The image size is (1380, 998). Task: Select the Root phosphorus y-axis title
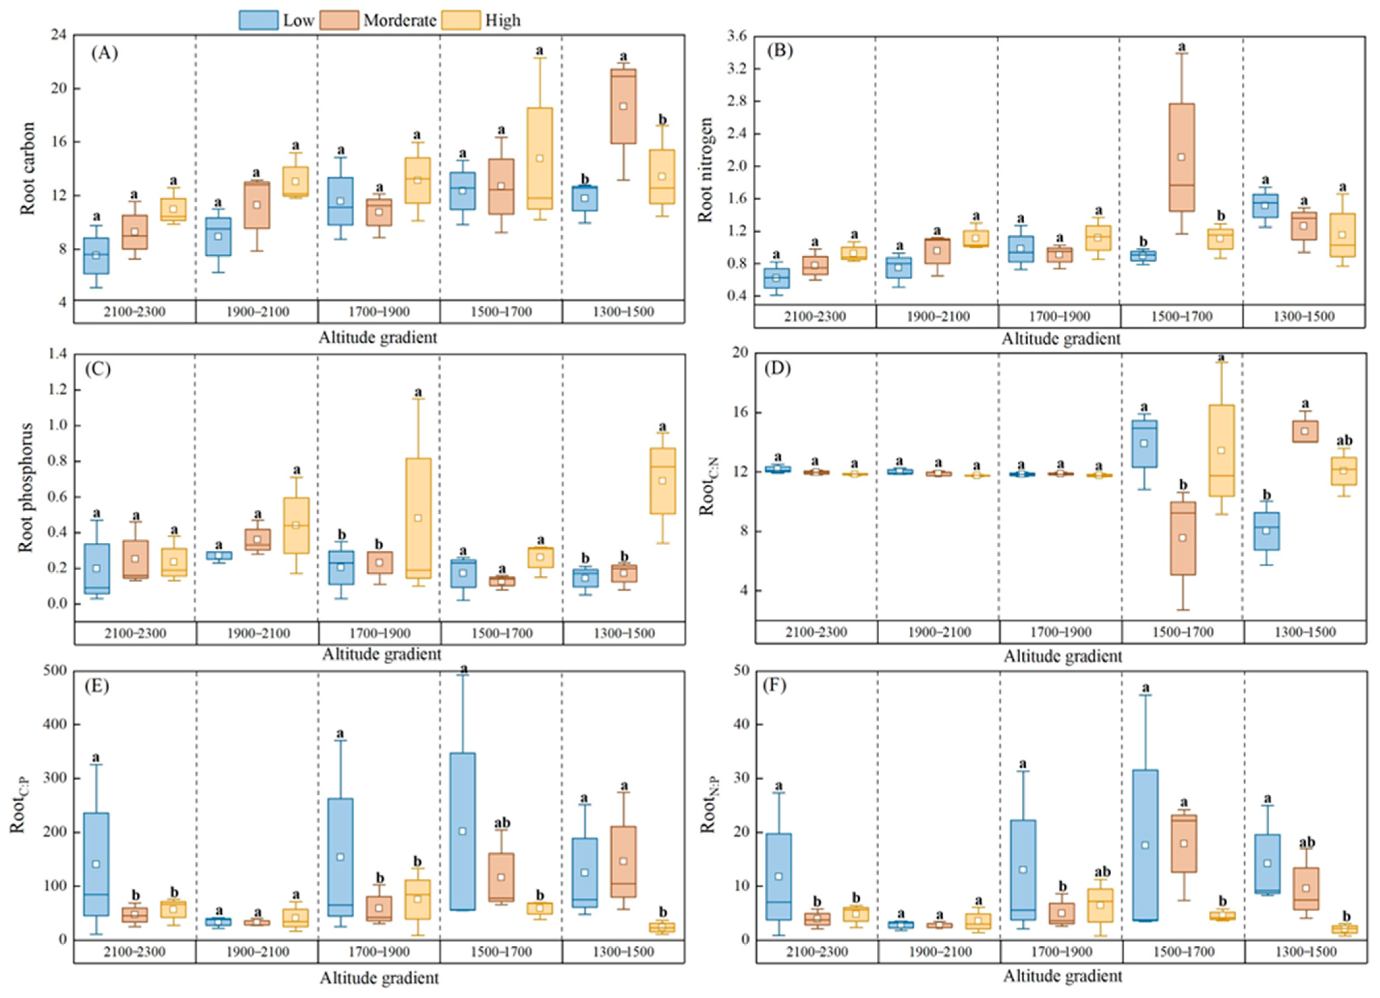click(x=26, y=487)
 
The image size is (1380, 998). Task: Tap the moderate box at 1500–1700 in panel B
click(x=1182, y=157)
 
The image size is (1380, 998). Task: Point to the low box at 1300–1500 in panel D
click(x=1266, y=531)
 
